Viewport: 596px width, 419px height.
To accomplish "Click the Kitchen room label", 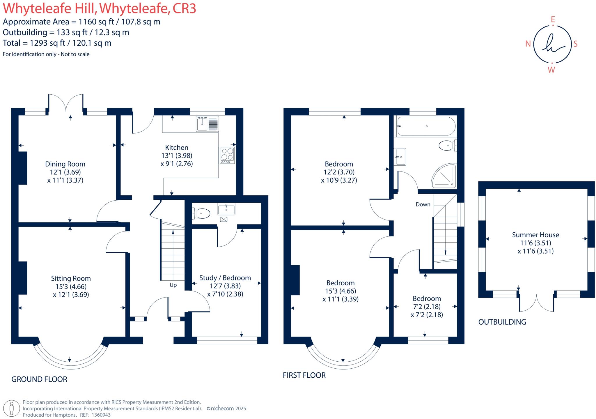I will [x=177, y=147].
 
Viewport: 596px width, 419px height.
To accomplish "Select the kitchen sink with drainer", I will [x=207, y=124].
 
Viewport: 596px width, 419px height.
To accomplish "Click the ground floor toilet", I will [x=201, y=213].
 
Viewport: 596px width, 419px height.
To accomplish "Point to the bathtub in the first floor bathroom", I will [x=426, y=126].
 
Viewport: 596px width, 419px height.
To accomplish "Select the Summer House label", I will [x=535, y=235].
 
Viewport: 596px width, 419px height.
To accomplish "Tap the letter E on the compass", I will [x=553, y=20].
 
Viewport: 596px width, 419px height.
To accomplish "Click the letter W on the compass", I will [x=551, y=70].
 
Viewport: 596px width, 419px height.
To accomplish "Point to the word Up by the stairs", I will [x=173, y=285].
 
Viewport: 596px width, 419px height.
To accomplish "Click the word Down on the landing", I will [x=423, y=204].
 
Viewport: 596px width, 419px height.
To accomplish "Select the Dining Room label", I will [x=65, y=164].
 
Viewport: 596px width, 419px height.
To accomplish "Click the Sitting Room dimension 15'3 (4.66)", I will [x=71, y=287].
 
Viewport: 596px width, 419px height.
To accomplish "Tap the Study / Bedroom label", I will [x=225, y=278].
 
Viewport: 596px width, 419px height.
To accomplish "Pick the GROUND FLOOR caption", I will [x=39, y=379].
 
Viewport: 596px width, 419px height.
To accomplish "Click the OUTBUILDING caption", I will [x=502, y=322].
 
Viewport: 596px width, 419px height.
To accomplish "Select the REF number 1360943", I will [x=101, y=415].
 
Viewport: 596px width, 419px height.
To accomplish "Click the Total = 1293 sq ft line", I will [x=57, y=43].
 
